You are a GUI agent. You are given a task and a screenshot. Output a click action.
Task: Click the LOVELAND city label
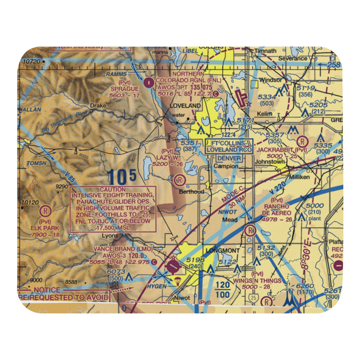tap(185, 105)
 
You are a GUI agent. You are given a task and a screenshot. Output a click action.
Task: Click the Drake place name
tap(98, 106)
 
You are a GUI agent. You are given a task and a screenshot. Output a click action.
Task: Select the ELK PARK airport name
tap(45, 228)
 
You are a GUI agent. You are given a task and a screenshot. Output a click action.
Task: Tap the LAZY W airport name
tap(167, 158)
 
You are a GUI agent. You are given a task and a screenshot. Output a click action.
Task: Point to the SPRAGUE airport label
tap(125, 89)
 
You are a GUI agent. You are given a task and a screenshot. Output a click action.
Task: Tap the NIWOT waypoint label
tap(228, 212)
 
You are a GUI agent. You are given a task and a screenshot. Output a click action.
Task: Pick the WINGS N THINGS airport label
tap(257, 280)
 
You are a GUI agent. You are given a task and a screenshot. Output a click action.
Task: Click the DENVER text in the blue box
tap(229, 158)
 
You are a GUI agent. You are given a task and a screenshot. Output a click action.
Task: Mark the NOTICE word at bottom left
tap(47, 290)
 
